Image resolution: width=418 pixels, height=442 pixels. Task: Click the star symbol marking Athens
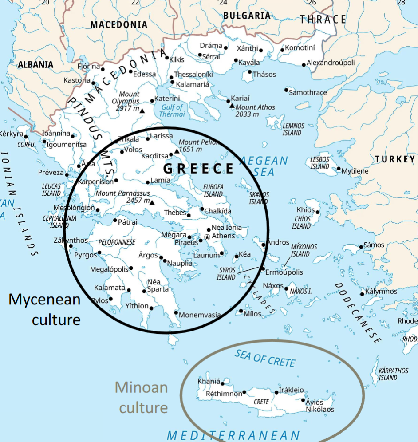[x=207, y=237]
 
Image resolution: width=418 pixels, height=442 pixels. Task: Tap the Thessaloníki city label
[x=193, y=74]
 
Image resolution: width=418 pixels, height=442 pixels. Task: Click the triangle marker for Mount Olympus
[x=142, y=110]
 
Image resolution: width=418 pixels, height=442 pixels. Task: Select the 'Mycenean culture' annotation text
[x=45, y=309]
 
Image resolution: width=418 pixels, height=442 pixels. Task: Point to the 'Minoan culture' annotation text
[x=142, y=397]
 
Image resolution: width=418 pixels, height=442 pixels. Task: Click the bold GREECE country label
[x=198, y=169]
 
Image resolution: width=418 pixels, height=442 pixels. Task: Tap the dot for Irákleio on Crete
[x=277, y=392]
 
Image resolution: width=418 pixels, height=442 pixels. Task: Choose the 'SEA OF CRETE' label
[x=265, y=358]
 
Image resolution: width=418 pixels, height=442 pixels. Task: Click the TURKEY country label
[x=395, y=159]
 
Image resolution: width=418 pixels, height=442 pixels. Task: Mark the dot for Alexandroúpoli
[x=304, y=65]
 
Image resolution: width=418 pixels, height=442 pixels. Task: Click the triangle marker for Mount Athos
[x=232, y=106]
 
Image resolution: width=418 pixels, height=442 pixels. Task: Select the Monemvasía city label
[x=200, y=315]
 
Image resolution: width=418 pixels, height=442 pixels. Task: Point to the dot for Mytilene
[x=339, y=169]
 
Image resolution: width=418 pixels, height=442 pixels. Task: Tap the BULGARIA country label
[x=247, y=16]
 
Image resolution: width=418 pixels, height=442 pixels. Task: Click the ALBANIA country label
[x=35, y=65]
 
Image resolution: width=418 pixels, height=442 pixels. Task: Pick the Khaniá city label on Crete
[x=209, y=381]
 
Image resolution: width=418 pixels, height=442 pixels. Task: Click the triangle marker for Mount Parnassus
[x=152, y=203]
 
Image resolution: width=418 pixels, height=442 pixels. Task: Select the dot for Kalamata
[x=129, y=290]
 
